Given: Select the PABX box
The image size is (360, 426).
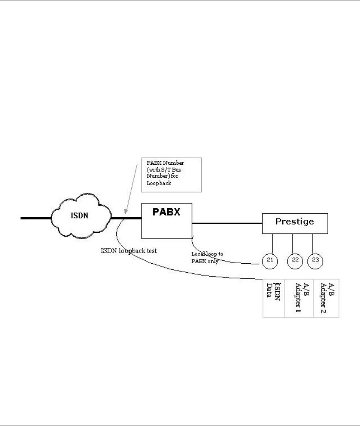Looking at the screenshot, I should click(166, 222).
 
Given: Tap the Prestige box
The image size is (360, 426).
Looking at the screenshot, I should click(295, 223).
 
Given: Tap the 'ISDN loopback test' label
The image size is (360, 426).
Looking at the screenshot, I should click(129, 251).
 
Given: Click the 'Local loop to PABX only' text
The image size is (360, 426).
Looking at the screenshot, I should click(207, 258).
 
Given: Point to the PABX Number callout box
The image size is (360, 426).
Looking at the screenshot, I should click(171, 175).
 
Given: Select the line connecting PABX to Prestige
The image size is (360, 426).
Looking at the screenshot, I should click(227, 223).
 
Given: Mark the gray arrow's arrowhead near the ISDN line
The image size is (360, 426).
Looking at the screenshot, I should click(125, 213).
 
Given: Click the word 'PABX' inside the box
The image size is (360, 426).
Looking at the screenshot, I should click(167, 212).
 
